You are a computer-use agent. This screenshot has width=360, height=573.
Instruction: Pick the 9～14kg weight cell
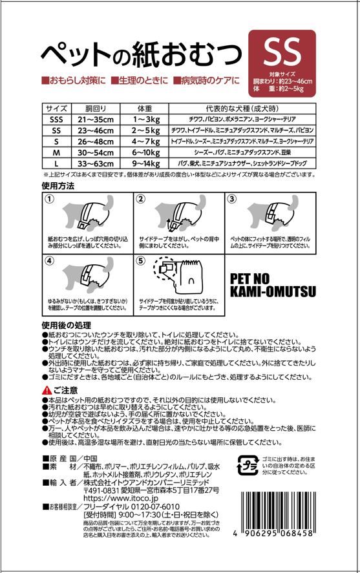[145, 164]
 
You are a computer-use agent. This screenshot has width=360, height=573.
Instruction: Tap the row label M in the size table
[56, 153]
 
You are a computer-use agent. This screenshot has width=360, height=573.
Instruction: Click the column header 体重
[145, 109]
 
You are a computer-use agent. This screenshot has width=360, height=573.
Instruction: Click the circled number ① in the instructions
[49, 200]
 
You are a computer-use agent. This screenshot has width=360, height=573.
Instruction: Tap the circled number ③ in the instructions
[233, 200]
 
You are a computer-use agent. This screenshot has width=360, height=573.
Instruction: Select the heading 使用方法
[58, 185]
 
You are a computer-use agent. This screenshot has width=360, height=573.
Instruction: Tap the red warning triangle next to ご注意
[46, 390]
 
